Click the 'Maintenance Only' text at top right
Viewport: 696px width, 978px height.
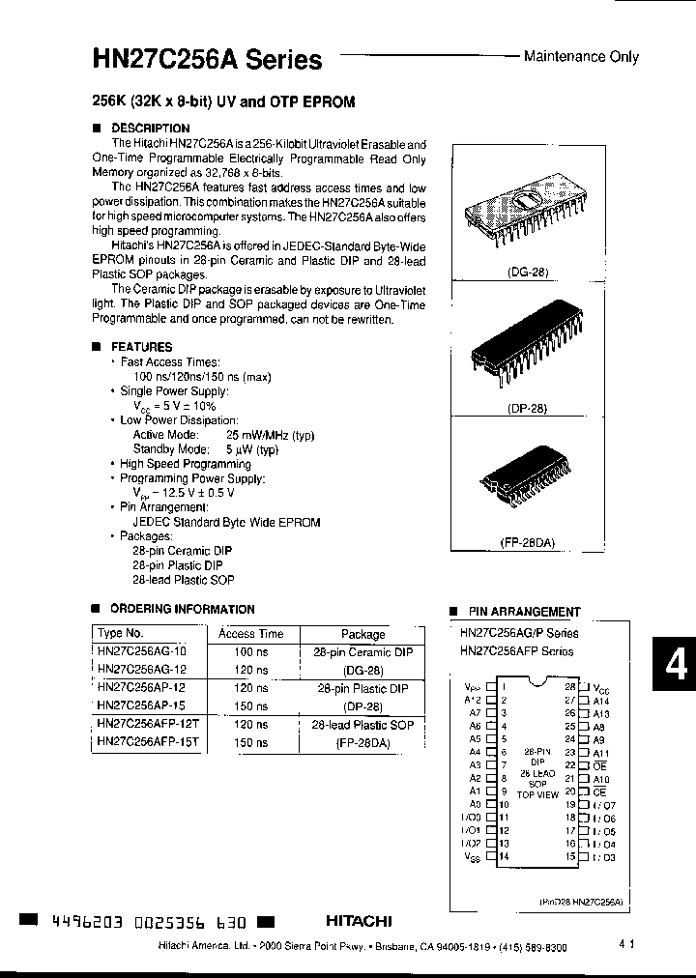(581, 57)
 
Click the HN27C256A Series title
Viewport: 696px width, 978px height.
(207, 60)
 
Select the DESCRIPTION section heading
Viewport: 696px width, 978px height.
(150, 128)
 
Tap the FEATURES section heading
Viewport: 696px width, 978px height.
(141, 346)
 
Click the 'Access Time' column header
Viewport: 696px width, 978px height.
(250, 634)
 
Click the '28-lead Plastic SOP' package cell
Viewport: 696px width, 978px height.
(362, 724)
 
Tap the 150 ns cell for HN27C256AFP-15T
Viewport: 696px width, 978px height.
(250, 742)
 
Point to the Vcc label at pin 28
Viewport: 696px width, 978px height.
(600, 689)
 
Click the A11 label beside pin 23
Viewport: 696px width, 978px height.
(599, 752)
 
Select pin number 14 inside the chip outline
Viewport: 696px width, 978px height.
(504, 855)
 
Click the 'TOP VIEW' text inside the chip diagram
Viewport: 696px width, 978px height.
(537, 794)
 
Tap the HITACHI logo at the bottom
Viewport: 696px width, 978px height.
(358, 921)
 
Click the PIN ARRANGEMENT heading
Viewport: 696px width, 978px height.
(524, 612)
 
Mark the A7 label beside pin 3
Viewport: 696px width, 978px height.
(476, 713)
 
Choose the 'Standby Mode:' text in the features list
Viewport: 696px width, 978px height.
(171, 449)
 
